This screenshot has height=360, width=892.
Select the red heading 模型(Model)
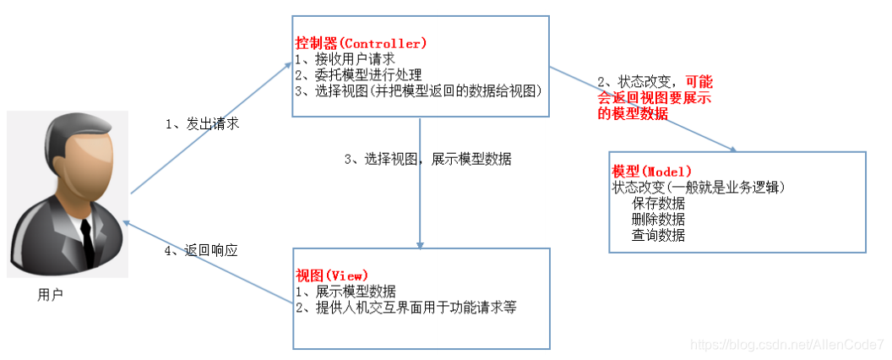point(651,172)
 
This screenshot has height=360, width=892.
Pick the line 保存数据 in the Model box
point(657,204)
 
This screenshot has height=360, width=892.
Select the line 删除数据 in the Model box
point(657,219)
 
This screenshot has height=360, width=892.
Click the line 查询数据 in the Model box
point(657,235)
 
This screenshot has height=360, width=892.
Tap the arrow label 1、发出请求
point(202,123)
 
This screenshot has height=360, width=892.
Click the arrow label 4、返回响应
point(202,250)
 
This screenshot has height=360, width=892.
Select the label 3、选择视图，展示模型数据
point(427,159)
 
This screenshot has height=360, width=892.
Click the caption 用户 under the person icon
point(51,295)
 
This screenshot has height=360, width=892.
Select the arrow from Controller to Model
point(642,110)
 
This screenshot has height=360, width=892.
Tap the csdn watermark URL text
point(786,345)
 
